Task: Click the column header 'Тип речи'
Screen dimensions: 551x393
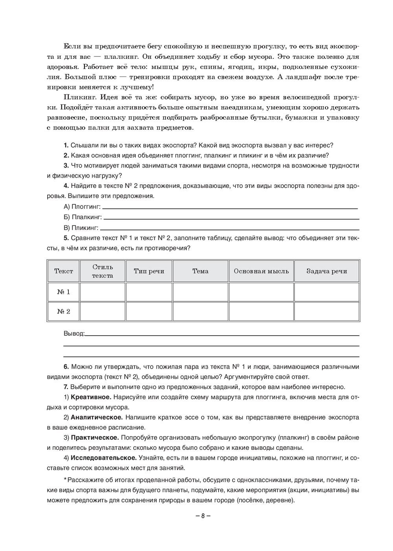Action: [149, 271]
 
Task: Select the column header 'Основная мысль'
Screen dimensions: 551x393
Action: [261, 271]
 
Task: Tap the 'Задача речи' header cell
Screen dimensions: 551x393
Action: [327, 271]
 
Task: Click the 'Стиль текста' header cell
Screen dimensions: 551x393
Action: [103, 271]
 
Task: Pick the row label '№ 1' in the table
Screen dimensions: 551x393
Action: [63, 292]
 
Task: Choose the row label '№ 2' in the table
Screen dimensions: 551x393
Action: [63, 311]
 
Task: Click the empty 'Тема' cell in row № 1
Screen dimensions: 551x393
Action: [200, 292]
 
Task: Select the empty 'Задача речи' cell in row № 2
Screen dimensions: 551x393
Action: [327, 311]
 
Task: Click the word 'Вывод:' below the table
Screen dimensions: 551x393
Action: [74, 333]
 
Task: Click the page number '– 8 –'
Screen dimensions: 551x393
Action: [203, 516]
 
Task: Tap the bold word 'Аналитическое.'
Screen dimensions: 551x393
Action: [97, 417]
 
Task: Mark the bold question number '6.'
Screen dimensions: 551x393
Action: [66, 367]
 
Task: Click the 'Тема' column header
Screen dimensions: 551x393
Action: [200, 271]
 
